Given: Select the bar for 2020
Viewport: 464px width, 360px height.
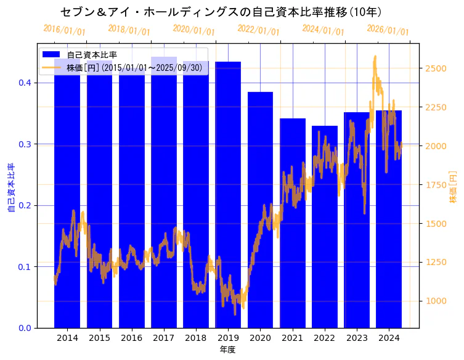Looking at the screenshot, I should tap(260, 210).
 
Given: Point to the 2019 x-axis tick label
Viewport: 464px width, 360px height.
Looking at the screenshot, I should tap(228, 338).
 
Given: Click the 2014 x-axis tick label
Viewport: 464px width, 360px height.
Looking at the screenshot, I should tap(67, 338).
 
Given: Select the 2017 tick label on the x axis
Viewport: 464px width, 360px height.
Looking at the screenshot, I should tap(164, 338).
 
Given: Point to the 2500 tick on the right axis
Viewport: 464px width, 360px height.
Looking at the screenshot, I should tap(436, 68).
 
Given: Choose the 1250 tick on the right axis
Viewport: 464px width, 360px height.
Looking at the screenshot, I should tap(436, 262).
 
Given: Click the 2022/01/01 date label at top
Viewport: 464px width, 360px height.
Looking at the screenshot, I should tap(258, 30).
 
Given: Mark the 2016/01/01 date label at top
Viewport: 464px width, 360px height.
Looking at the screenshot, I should tap(65, 30).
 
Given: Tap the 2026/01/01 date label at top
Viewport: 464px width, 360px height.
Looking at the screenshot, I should tap(388, 30).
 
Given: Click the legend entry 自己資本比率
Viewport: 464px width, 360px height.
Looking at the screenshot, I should tap(92, 55).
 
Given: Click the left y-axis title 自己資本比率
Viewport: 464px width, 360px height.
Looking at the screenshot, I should tap(10, 187).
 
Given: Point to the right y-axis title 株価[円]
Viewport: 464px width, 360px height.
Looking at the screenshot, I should tap(454, 187).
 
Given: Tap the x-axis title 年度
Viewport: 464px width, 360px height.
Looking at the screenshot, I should tap(227, 350).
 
